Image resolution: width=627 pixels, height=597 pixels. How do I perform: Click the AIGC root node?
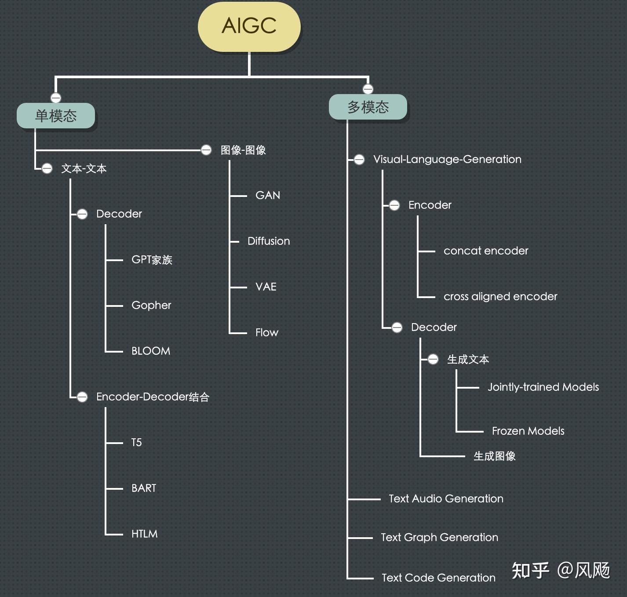coord(249,26)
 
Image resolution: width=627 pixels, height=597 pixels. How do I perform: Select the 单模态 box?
coord(56,116)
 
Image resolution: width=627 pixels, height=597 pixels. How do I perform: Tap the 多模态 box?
coord(368,107)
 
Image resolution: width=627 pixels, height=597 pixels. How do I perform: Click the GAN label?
coord(267,195)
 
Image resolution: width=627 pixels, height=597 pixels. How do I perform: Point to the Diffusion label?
coord(269,241)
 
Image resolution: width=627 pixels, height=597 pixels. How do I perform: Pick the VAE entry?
coord(266,287)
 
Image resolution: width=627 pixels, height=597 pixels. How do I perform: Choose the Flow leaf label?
coord(266,332)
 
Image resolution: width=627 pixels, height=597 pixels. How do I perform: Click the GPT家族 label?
coord(152,260)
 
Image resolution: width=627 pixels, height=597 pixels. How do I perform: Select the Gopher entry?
coord(151,305)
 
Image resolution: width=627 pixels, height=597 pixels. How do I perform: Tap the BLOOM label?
coord(150,351)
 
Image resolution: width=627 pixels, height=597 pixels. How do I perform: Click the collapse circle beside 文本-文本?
coord(47,168)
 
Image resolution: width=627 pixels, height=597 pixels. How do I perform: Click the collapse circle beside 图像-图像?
coord(206,150)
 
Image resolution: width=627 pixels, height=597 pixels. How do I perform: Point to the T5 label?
coord(136,442)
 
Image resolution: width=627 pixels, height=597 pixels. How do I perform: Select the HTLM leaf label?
coord(144,534)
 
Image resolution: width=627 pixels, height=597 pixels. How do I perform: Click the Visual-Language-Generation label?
coord(447,159)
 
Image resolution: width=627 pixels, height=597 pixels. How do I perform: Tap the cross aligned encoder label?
coord(500,296)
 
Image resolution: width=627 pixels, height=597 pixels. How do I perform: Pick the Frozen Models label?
coord(528,431)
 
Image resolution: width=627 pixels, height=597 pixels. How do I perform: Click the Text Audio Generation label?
coord(446,499)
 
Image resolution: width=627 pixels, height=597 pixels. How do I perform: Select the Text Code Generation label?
coord(438,578)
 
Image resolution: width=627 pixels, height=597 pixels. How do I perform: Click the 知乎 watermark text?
coord(530,571)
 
